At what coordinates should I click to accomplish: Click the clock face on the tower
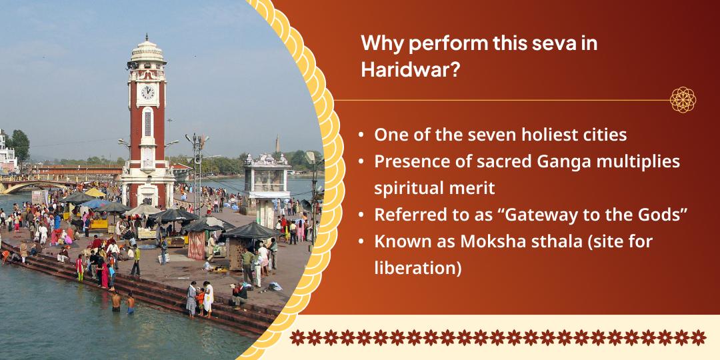[x=147, y=92]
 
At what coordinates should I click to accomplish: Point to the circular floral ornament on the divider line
[x=683, y=100]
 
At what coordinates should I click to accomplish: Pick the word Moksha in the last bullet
[x=481, y=242]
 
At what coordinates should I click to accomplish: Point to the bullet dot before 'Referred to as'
[x=361, y=215]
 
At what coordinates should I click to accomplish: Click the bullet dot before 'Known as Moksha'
[x=361, y=242]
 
